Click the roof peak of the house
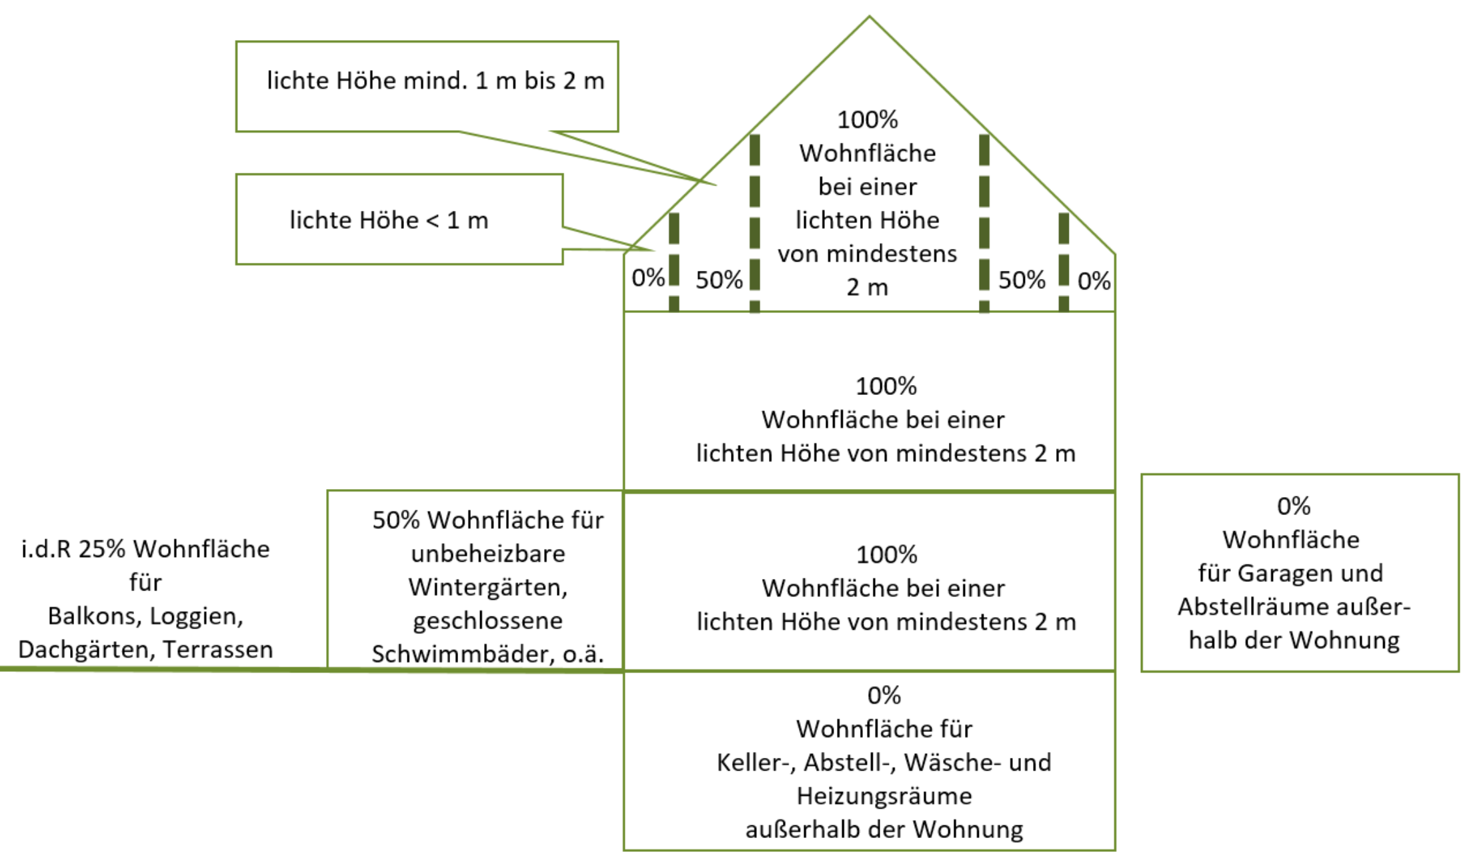pos(869,17)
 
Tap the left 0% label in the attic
pos(648,278)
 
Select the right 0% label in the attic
pos(1094,281)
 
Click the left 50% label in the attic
pos(719,280)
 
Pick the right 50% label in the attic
pos(1022,280)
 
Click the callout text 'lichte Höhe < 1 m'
pos(389,220)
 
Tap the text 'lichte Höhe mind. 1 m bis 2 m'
pos(435,81)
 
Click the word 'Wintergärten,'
pos(488,587)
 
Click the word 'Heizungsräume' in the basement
pos(884,796)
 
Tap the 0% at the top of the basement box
pos(884,695)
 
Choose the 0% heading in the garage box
pos(1294,506)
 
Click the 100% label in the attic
pos(868,120)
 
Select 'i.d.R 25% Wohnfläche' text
pos(145,549)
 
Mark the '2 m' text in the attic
pos(868,288)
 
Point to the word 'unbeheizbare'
pos(488,554)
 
